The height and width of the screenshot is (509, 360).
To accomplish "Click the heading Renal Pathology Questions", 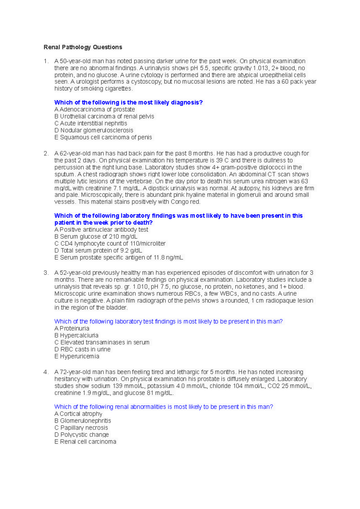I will click(83, 47).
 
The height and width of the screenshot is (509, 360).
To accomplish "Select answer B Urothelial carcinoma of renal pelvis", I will click(104, 116).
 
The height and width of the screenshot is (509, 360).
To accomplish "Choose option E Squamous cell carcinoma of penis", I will click(103, 137).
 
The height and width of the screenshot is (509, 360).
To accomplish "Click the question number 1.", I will click(46, 61).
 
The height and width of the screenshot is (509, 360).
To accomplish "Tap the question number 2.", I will click(46, 153).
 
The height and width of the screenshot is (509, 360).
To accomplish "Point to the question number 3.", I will click(46, 273).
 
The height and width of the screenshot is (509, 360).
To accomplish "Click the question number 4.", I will click(46, 372).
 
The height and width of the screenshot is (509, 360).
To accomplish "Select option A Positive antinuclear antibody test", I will click(101, 230).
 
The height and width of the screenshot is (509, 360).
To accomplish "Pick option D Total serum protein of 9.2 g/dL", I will click(98, 250).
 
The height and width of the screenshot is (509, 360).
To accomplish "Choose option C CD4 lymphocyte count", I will click(110, 243).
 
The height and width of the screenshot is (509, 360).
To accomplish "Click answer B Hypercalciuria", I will click(76, 335).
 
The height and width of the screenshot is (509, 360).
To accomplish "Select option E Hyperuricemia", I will click(76, 356).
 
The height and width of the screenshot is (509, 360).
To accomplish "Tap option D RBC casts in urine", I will click(82, 349).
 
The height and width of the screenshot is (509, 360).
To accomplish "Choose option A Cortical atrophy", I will click(78, 414).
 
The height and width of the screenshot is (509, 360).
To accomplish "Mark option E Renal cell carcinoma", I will click(85, 442).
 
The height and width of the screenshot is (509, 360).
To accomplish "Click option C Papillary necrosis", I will click(81, 428).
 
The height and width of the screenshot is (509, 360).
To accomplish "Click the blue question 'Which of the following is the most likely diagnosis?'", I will click(128, 103).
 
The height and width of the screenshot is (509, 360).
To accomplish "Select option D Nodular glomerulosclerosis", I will click(94, 130).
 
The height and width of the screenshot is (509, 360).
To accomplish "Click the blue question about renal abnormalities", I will click(163, 407).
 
